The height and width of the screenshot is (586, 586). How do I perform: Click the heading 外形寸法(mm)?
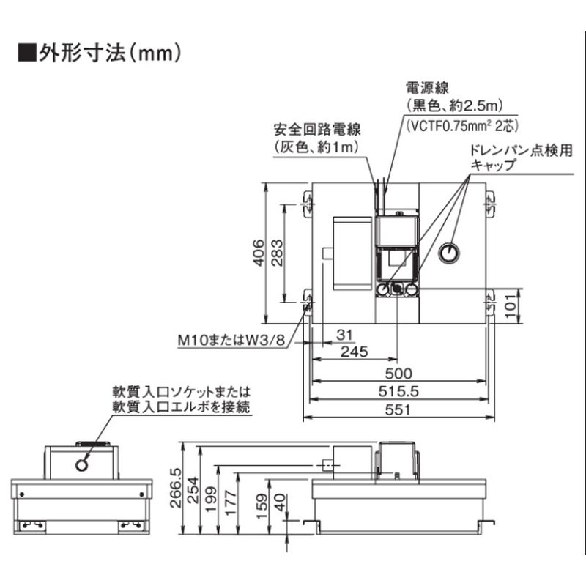[x=100, y=53]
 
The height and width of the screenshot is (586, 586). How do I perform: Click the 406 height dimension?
[x=259, y=253]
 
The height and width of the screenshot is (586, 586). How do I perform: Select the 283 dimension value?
[x=277, y=253]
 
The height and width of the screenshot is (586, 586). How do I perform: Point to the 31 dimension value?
[x=344, y=335]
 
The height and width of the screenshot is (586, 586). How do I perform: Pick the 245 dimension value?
[x=355, y=352]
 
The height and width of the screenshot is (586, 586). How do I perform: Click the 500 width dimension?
[x=398, y=374]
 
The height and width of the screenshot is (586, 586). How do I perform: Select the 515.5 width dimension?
[x=398, y=391]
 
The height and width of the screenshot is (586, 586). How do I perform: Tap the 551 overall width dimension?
[x=398, y=409]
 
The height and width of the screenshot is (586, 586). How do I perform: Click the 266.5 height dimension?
[x=176, y=488]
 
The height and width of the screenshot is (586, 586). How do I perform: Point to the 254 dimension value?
[x=193, y=490]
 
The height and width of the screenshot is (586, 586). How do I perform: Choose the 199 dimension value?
[x=211, y=499]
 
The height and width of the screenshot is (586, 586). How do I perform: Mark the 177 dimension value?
[x=230, y=503]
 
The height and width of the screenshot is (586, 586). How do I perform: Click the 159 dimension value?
[x=262, y=506]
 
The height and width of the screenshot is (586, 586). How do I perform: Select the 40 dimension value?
[x=280, y=503]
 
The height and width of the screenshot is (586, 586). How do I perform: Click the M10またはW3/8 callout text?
[x=231, y=340]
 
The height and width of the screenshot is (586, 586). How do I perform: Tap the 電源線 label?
[x=427, y=88]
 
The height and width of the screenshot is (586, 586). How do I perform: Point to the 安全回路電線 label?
[x=317, y=130]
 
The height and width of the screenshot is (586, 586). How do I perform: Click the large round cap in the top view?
[x=448, y=253]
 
